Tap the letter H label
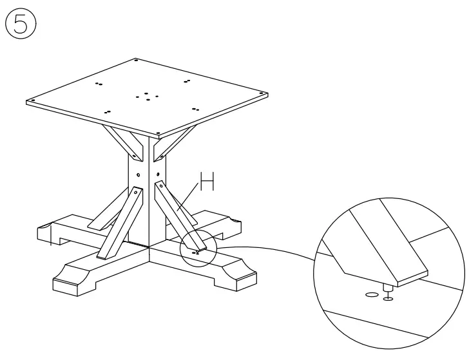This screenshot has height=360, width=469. click(206, 183)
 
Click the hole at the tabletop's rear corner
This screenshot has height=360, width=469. click(136, 60)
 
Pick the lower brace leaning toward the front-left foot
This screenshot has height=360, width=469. click(119, 222)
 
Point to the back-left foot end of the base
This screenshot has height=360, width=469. click(54, 234)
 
